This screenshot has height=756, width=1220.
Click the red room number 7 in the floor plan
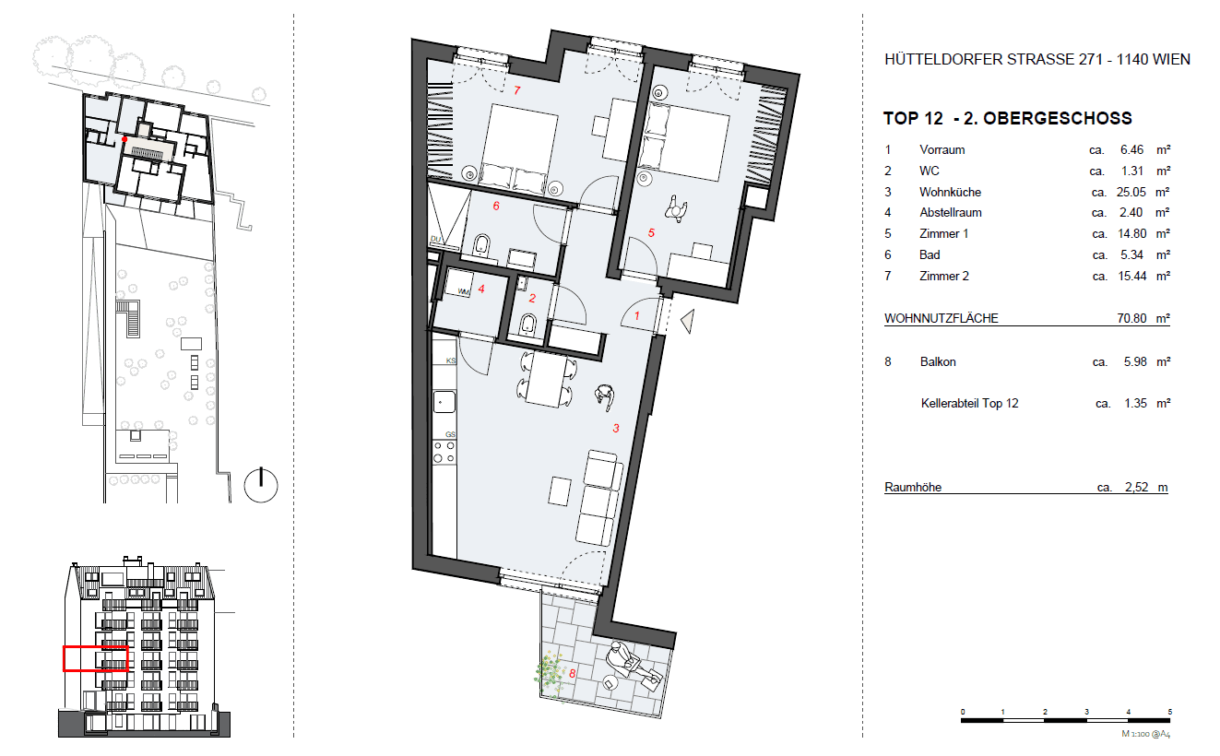pos(517,90)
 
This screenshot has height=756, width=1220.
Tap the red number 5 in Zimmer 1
pos(650,233)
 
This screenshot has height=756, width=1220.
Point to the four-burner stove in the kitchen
pos(444,451)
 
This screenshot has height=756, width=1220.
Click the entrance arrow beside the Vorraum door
pos(687,320)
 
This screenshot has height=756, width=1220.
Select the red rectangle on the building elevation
pos(94,658)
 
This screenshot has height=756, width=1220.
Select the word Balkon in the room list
pos(938,361)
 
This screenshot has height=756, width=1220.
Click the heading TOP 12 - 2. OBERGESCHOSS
pos(1007,118)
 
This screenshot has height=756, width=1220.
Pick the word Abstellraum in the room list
pos(950,212)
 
